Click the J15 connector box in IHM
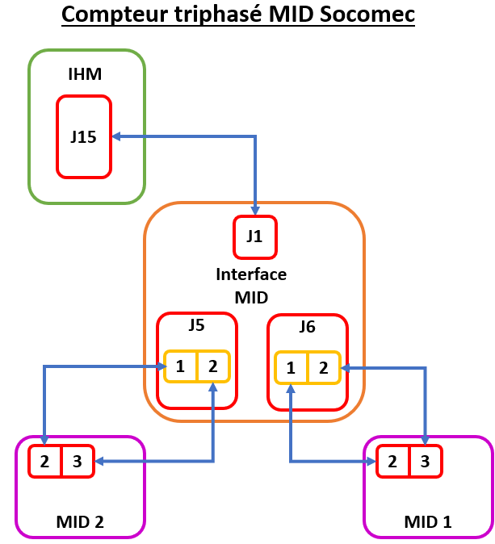coord(83,136)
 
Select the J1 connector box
coord(254,237)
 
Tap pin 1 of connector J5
coord(180,366)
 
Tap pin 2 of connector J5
coord(212,366)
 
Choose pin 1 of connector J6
coord(291,368)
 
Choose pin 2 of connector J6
coord(323,368)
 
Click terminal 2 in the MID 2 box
coord(44,462)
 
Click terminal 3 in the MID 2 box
coord(78,462)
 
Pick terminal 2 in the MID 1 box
coord(392,462)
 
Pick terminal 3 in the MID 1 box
coord(426,462)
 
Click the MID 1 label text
coord(428,522)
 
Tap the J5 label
coord(196,326)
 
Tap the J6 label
coord(307,327)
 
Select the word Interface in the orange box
coord(251,274)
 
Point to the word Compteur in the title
coord(109,15)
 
